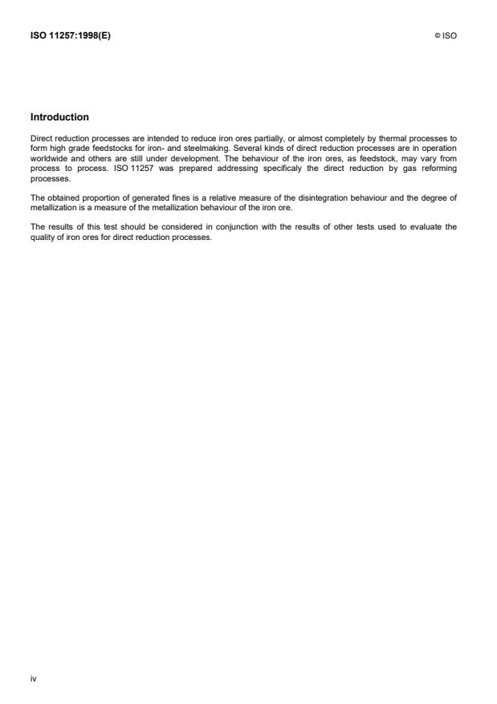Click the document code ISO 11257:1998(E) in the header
pos(70,36)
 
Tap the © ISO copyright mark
pos(446,36)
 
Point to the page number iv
pos(33,678)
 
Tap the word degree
pos(431,185)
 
